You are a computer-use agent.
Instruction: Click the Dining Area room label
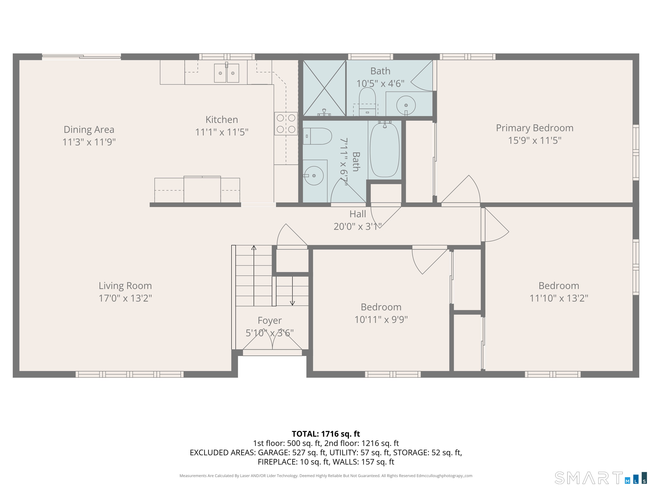click(89, 129)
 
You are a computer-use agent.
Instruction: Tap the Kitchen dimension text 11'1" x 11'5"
click(222, 132)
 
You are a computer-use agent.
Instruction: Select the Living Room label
click(125, 286)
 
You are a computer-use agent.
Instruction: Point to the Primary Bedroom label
click(535, 128)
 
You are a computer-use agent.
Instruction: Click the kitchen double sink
click(226, 73)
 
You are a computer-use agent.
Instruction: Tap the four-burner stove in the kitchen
click(286, 124)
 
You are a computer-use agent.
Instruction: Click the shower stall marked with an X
click(324, 88)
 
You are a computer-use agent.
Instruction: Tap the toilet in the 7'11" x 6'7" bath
click(317, 136)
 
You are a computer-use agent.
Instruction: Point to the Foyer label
click(270, 320)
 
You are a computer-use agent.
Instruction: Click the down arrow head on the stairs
click(292, 303)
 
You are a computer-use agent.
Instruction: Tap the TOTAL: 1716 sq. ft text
click(326, 434)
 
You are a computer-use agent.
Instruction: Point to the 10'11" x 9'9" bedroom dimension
click(381, 319)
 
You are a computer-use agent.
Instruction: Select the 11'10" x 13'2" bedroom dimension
click(559, 298)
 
